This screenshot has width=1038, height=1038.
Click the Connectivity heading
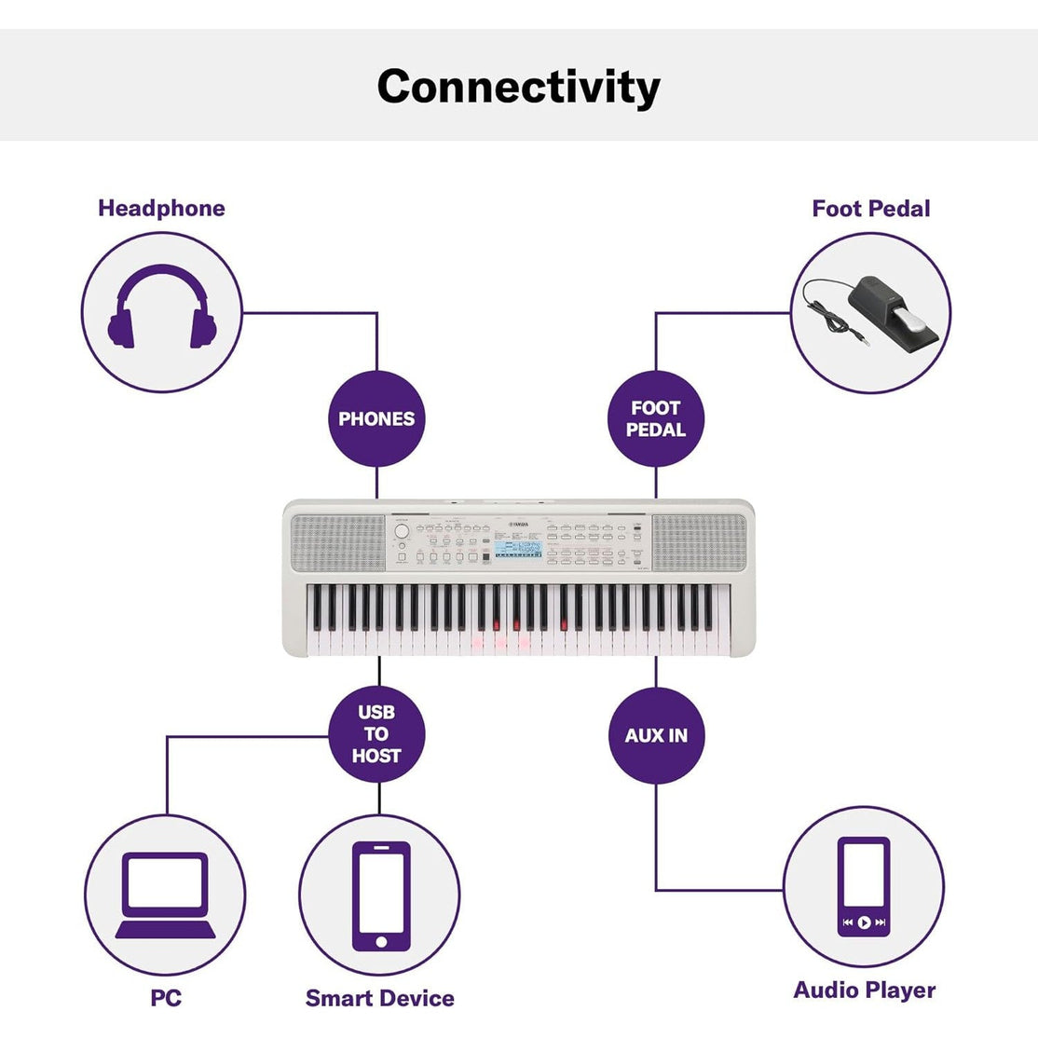tap(518, 87)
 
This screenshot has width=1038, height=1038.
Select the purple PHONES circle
tap(376, 418)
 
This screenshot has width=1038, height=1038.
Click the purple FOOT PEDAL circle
tap(655, 418)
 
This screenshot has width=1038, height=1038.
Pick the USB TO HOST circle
tap(376, 734)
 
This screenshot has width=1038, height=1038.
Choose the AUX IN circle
tap(656, 735)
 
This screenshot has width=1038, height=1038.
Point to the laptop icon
tap(165, 895)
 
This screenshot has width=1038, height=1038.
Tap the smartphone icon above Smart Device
tap(380, 895)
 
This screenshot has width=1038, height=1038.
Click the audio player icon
tap(863, 886)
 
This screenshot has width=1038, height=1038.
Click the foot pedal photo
tap(870, 312)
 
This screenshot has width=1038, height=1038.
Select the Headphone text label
tap(161, 208)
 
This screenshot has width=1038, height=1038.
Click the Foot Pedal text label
tap(870, 209)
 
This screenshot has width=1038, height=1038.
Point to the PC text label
tap(166, 998)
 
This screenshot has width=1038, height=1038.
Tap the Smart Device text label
tap(380, 998)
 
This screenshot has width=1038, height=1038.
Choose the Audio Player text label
tap(864, 990)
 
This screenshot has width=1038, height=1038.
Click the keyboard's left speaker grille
tap(338, 542)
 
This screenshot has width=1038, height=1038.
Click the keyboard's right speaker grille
tap(699, 542)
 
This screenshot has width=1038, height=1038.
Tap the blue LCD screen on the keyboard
tap(517, 550)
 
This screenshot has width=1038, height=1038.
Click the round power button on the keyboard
tap(402, 532)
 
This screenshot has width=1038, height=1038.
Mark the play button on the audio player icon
tap(864, 922)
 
